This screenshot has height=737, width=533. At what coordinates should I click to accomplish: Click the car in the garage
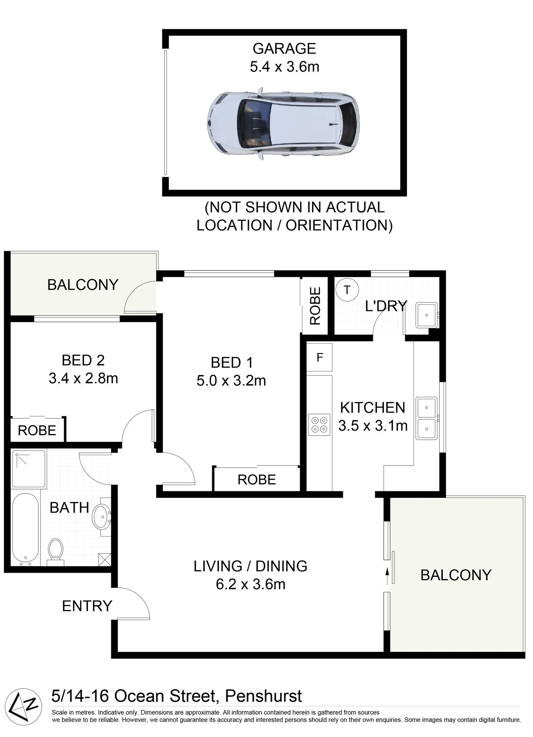284,123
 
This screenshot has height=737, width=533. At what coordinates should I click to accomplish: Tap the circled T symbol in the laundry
347,290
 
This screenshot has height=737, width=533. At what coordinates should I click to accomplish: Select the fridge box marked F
319,357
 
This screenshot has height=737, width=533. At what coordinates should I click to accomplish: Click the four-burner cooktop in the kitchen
319,425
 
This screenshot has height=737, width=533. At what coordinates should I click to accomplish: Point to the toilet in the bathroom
55,552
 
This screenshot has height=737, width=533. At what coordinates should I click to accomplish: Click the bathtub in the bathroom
25,529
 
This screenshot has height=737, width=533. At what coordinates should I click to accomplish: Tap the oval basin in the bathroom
102,517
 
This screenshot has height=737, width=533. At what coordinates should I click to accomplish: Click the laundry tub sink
427,315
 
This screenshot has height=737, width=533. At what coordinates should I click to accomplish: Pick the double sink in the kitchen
427,418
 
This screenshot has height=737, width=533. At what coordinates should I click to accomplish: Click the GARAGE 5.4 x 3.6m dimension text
285,67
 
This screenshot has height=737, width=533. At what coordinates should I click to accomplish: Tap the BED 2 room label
83,360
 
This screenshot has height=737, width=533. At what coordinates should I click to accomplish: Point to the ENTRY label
87,606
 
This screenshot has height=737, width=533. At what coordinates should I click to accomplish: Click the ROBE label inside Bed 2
37,430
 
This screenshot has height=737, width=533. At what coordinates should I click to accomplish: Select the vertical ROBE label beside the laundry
315,306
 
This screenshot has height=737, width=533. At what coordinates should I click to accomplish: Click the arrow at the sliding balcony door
387,576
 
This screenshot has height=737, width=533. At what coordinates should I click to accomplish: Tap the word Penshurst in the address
263,696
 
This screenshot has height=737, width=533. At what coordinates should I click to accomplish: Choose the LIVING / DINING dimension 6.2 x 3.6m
251,584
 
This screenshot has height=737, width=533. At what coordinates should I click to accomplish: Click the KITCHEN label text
373,408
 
